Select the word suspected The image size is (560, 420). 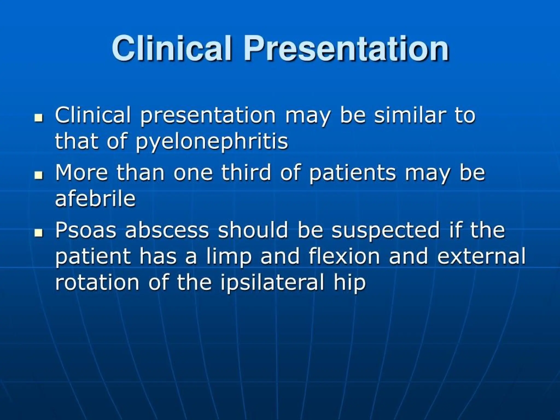(x=385, y=230)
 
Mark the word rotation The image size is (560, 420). (x=97, y=282)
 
